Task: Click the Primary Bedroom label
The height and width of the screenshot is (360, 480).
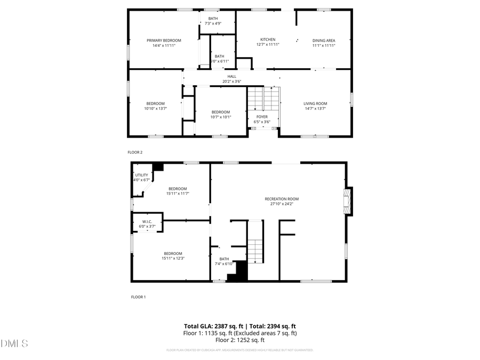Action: (x=164, y=41)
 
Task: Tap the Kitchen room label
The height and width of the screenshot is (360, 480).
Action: (x=268, y=39)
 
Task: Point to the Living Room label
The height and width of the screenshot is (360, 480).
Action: (x=315, y=103)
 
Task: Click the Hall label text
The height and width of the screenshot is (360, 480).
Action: (x=232, y=76)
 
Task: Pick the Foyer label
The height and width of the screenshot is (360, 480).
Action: (x=262, y=117)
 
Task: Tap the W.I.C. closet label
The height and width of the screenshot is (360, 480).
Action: (x=147, y=221)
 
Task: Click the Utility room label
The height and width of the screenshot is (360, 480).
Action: (x=141, y=175)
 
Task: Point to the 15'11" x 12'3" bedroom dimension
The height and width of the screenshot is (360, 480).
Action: (x=173, y=259)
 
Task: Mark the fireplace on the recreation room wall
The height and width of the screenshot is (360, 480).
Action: (x=348, y=201)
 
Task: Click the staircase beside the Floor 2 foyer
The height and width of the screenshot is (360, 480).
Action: (x=263, y=100)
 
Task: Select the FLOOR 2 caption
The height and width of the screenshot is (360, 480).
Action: (x=135, y=153)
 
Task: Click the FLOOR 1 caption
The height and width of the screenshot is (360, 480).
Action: (x=138, y=297)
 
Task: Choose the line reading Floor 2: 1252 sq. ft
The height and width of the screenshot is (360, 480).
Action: (x=240, y=340)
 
